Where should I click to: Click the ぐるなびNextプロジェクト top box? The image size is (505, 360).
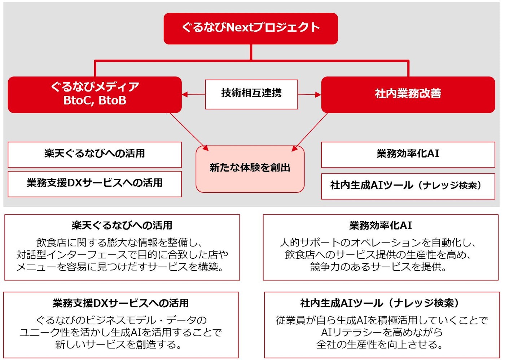(250, 28)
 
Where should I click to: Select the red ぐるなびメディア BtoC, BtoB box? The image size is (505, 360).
(95, 95)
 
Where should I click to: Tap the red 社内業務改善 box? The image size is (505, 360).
(408, 95)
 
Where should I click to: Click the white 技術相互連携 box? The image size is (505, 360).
(251, 94)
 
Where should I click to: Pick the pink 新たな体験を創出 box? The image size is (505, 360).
(250, 169)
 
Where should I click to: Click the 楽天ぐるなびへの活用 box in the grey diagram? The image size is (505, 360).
(95, 155)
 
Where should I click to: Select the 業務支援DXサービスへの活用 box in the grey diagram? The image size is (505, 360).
(95, 184)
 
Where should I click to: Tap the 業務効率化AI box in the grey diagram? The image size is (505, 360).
(408, 155)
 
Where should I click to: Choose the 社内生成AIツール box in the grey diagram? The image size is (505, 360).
(408, 186)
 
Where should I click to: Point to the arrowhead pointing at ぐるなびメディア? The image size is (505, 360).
(185, 94)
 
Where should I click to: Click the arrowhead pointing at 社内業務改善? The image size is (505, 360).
(318, 95)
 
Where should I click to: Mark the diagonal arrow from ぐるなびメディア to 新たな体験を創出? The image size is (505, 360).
(189, 132)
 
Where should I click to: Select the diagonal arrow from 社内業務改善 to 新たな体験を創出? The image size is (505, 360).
(309, 132)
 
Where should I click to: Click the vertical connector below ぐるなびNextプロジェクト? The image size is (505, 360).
(251, 52)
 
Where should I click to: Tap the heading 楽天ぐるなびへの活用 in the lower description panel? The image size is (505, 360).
(122, 225)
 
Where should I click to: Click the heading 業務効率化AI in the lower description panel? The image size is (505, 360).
(381, 225)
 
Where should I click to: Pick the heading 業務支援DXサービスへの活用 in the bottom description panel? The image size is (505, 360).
(120, 303)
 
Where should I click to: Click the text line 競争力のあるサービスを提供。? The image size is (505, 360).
(378, 267)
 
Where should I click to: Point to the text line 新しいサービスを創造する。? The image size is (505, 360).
(118, 344)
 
